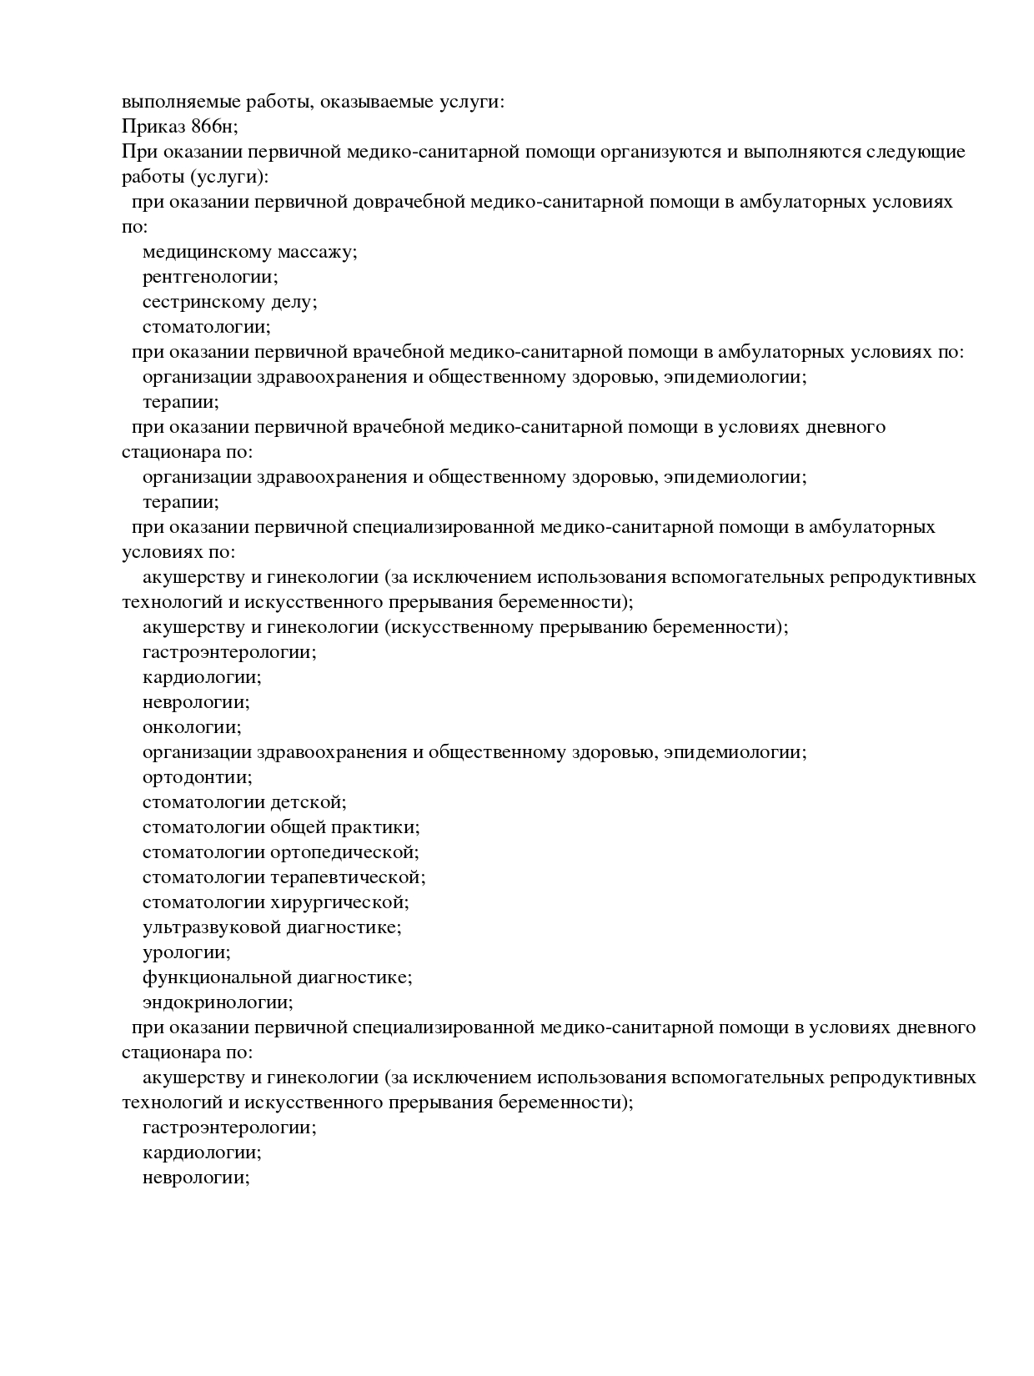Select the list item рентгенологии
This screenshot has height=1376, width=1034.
click(x=210, y=277)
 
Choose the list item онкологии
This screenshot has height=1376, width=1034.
click(x=192, y=727)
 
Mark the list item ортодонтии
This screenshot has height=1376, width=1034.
click(x=197, y=777)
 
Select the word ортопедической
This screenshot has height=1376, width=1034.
click(x=344, y=852)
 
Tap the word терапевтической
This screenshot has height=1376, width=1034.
click(x=348, y=877)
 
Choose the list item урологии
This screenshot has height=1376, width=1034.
click(x=187, y=952)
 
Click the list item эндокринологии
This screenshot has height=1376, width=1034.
click(x=218, y=1002)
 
